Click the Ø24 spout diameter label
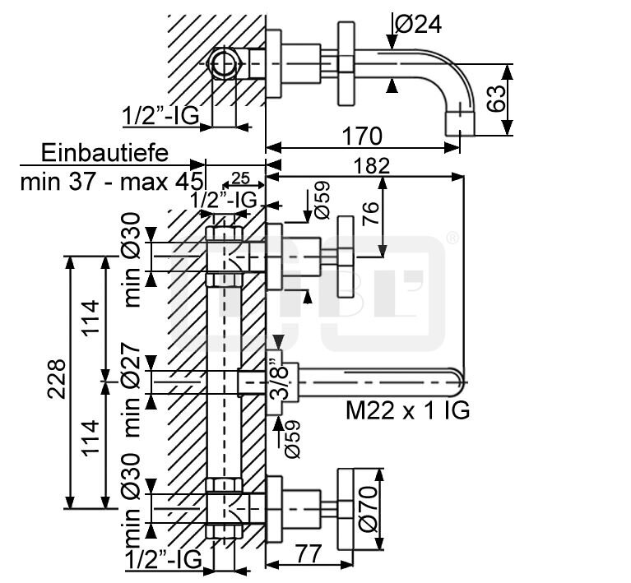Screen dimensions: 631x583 pos(419,24)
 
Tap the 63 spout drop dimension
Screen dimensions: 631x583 pos(497,99)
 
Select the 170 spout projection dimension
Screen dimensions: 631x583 pos(362,136)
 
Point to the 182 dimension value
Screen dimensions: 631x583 pos(371,166)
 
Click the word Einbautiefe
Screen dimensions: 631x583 pos(104,153)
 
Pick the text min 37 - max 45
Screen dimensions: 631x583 pos(111,182)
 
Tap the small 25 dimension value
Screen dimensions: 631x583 pos(240,178)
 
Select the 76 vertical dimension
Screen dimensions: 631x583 pos(371,214)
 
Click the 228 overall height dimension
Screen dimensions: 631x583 pos(56,378)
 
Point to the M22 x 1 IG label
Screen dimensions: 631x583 pos(408,410)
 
